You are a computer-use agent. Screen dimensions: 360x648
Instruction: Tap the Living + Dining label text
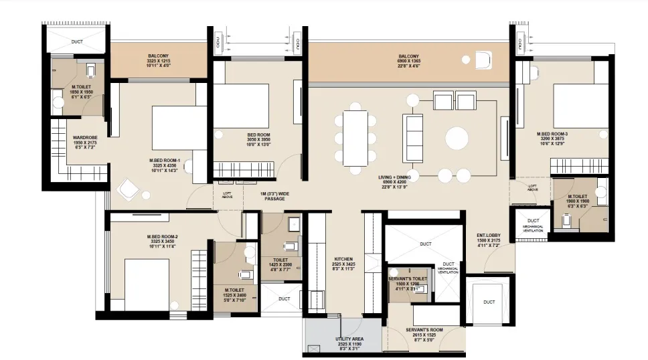pyautogui.click(x=399, y=182)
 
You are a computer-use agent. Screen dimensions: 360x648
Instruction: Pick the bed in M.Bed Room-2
pyautogui.click(x=147, y=284)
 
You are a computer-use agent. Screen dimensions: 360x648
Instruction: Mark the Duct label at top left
pyautogui.click(x=78, y=41)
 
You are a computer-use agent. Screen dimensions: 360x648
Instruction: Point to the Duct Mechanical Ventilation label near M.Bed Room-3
pyautogui.click(x=533, y=224)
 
